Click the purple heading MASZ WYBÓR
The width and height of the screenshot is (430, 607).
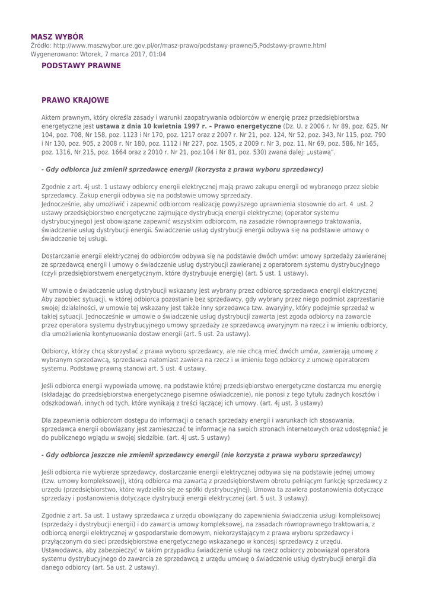pos(57,37)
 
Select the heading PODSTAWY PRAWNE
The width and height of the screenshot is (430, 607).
pos(81,65)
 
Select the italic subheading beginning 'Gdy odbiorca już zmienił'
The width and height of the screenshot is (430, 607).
pos(182,170)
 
